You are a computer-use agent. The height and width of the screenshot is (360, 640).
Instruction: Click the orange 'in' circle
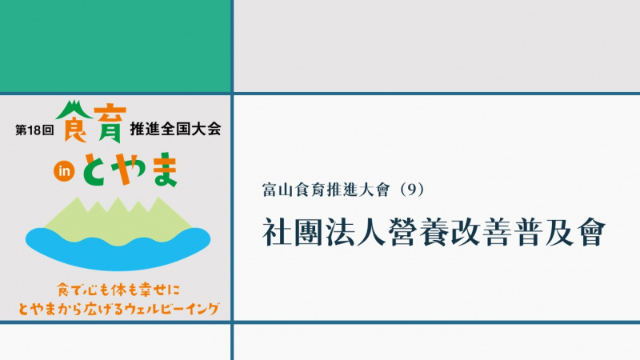click(64, 171)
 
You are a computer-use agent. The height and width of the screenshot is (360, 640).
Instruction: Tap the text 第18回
click(34, 130)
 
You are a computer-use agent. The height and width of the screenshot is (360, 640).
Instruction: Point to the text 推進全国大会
click(175, 129)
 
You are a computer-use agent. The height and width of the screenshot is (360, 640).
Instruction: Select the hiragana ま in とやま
click(164, 170)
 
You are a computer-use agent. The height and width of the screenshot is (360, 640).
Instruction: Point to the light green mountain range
click(118, 222)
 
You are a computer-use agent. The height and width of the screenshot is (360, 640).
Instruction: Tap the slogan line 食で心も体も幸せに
click(118, 290)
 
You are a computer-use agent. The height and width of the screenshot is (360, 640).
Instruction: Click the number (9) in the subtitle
click(412, 190)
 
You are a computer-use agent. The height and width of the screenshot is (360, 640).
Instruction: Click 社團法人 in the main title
click(324, 232)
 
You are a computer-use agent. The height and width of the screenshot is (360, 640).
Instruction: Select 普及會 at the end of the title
click(559, 232)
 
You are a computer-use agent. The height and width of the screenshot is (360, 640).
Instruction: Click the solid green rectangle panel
click(115, 46)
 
